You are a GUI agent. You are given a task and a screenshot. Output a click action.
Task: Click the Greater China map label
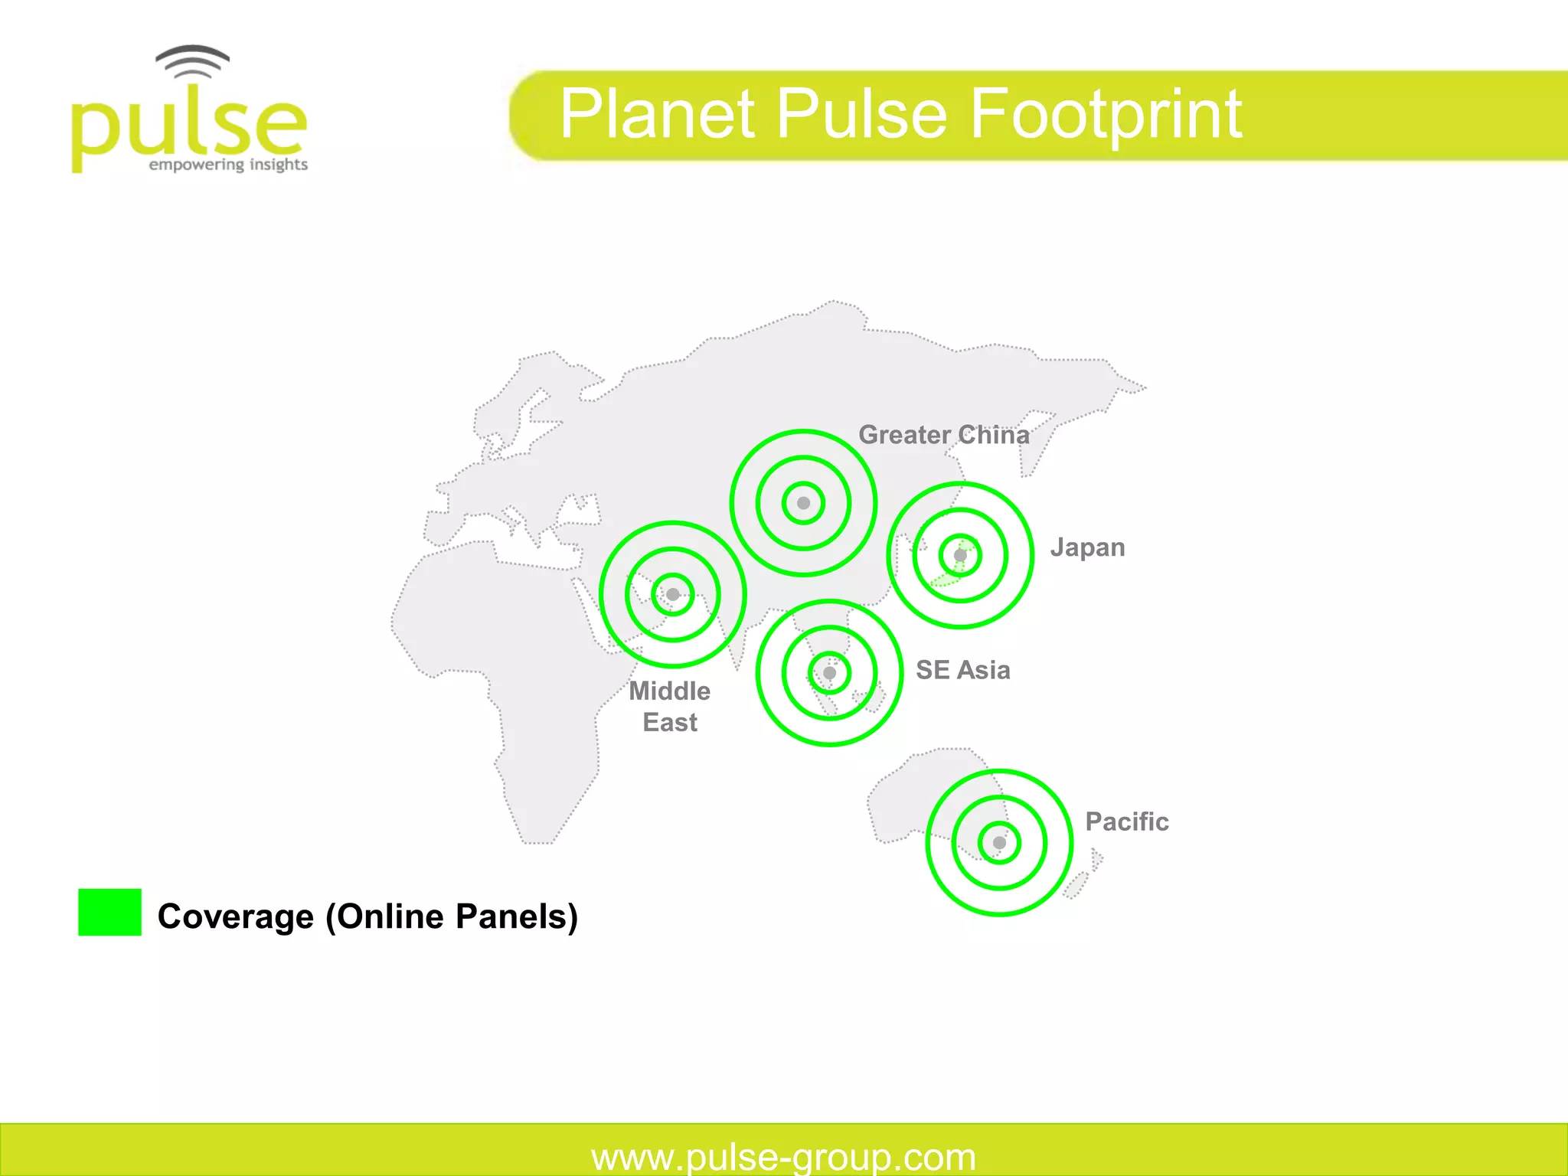click(x=943, y=435)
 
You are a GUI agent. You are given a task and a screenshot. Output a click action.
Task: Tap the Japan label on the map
click(x=1087, y=548)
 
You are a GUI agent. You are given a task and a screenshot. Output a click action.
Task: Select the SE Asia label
click(x=962, y=670)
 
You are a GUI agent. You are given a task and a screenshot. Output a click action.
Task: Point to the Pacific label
click(x=1126, y=822)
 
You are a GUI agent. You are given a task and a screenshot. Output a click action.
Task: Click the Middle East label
click(x=670, y=707)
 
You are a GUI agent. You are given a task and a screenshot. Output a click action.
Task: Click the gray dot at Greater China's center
click(x=803, y=503)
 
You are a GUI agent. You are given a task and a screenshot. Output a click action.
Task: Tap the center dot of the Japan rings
click(x=960, y=555)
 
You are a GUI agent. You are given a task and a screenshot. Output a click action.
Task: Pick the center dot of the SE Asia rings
click(x=829, y=673)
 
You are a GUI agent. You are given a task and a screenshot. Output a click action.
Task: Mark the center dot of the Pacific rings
click(x=999, y=842)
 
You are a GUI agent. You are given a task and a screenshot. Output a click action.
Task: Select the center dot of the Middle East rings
click(x=672, y=594)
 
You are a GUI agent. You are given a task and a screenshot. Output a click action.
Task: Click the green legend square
click(x=109, y=912)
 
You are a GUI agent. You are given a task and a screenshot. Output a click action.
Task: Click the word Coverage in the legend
click(x=235, y=916)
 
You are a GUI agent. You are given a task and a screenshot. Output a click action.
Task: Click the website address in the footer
click(x=783, y=1156)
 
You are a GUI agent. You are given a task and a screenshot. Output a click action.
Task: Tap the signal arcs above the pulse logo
click(x=192, y=61)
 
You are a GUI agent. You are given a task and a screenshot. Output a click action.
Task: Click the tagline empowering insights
click(x=228, y=165)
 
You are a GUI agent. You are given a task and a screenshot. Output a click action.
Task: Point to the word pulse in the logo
click(x=188, y=126)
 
